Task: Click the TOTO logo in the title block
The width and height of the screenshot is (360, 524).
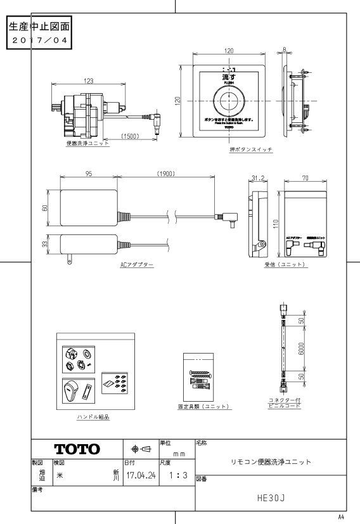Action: [77, 449]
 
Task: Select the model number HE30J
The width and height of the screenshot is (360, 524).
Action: [271, 499]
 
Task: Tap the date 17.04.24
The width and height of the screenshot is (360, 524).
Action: [141, 474]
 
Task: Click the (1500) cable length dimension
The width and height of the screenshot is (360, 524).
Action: [131, 136]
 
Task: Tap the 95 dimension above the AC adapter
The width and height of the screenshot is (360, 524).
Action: [88, 173]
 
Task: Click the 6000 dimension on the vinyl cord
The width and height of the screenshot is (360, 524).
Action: [303, 349]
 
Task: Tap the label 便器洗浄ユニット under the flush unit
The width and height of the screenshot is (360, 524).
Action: [87, 143]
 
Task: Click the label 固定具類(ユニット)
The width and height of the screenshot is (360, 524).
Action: [203, 406]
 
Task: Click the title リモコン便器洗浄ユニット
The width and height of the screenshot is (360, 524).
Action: [271, 462]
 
